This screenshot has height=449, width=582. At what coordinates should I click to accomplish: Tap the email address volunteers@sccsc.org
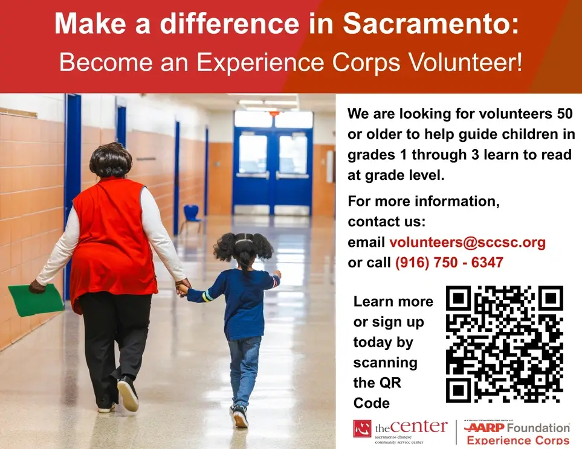(467, 243)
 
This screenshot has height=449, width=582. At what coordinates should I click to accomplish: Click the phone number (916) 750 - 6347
(449, 263)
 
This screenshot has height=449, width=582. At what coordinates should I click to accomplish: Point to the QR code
(505, 344)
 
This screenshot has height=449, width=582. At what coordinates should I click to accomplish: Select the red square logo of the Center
(363, 428)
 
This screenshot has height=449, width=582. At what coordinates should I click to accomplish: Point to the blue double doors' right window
(293, 154)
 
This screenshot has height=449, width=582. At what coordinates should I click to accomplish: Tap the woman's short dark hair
(111, 160)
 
